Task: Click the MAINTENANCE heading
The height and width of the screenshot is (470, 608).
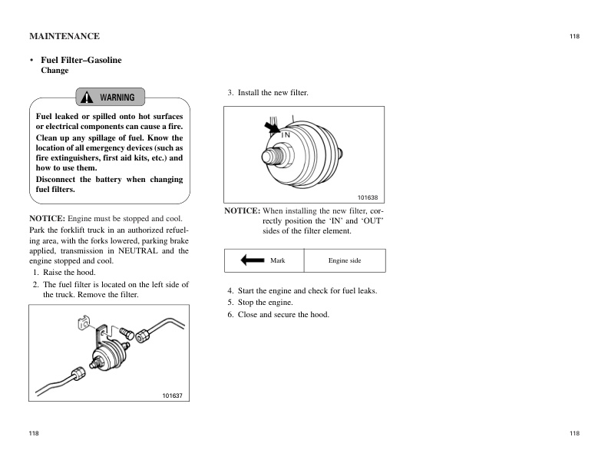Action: click(64, 36)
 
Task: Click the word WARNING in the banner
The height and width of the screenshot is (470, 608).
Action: click(117, 98)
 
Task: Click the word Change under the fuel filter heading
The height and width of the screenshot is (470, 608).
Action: click(54, 71)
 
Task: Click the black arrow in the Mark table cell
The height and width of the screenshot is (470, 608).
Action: click(253, 260)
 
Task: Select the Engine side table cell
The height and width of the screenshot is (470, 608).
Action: click(345, 260)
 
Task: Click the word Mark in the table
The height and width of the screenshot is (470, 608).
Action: click(278, 260)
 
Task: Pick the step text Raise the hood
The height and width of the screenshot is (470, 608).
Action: click(69, 273)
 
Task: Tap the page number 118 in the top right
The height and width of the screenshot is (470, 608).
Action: click(574, 36)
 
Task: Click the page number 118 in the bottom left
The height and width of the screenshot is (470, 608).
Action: click(34, 434)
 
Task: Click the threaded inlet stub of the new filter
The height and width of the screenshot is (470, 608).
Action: click(272, 155)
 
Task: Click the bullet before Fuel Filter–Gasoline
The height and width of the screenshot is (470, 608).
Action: click(31, 60)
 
